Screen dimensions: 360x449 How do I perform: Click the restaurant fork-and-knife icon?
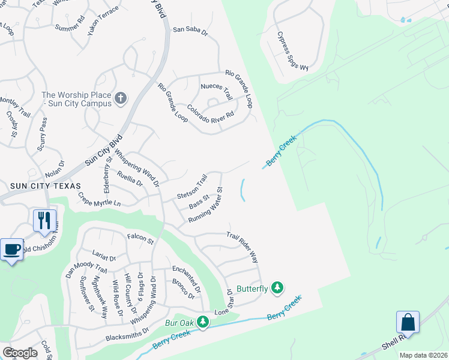point(44,221)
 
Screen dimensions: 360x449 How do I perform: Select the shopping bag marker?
point(408,322)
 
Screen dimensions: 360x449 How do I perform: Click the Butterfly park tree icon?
point(277,289)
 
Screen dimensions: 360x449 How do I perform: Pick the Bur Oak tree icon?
point(203,323)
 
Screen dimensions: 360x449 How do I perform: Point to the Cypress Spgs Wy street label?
point(292,52)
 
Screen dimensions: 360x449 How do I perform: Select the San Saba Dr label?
point(190,30)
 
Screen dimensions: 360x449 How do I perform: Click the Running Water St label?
point(206,206)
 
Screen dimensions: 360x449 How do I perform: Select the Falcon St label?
point(140,239)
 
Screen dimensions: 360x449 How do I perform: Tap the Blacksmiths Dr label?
point(128,337)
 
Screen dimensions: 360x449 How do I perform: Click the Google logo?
point(19,353)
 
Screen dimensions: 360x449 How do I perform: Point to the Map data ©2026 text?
point(423,355)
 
